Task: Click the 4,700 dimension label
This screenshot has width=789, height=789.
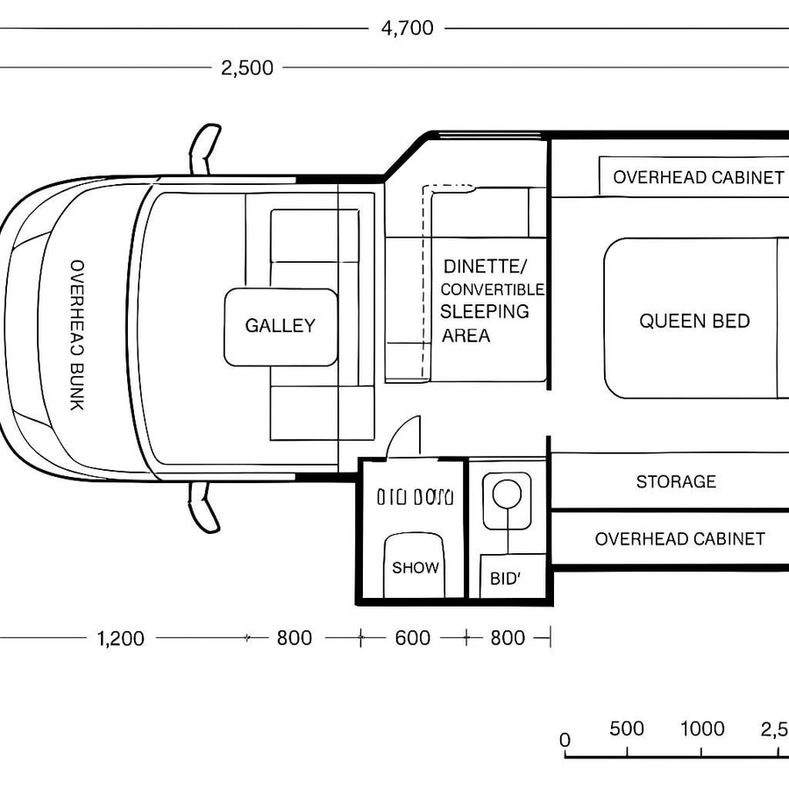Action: click(407, 28)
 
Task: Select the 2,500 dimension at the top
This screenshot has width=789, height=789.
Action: click(247, 68)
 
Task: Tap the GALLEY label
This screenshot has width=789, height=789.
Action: click(280, 326)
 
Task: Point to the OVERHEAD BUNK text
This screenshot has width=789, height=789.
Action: click(76, 335)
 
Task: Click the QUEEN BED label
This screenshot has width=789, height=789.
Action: click(694, 321)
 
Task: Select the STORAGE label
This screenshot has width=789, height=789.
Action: click(676, 481)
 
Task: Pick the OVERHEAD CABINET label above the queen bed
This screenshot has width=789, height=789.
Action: click(698, 177)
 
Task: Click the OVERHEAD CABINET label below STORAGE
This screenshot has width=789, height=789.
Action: click(679, 539)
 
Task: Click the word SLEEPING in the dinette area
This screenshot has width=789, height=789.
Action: click(484, 311)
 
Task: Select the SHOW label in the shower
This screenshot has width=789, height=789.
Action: click(415, 567)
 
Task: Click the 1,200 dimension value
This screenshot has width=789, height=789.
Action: click(120, 638)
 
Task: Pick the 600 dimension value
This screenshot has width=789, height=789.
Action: click(412, 638)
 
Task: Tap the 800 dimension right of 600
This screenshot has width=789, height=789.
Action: click(508, 638)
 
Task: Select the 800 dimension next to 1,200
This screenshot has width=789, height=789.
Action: click(294, 638)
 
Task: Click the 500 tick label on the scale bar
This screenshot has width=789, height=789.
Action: click(627, 729)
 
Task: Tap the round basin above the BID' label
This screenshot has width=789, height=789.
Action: click(506, 494)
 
